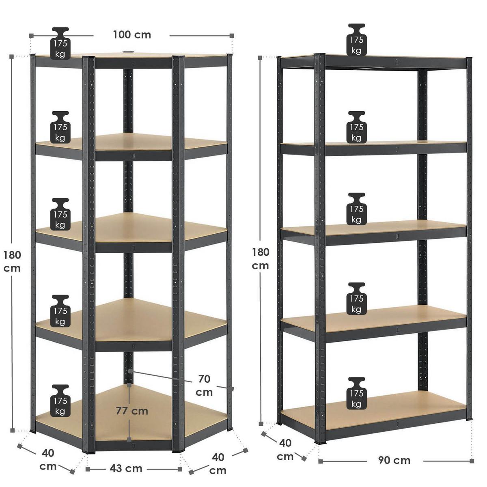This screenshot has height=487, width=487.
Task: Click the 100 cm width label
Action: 131,35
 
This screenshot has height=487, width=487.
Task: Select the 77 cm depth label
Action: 132,411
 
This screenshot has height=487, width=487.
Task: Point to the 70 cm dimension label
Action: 204,386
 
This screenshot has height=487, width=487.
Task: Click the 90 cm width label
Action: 394,460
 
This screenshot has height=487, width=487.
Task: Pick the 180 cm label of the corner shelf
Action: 12,262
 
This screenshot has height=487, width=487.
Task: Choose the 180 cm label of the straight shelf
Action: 260,259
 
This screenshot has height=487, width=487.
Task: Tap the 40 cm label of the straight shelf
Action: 285,450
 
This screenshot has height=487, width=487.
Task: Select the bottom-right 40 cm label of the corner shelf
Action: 218,464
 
